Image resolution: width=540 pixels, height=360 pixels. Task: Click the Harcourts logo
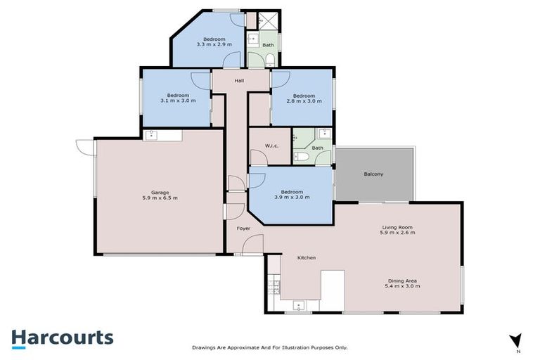62,337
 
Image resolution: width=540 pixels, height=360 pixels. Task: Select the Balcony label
373,174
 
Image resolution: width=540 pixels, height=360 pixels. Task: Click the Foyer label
243,229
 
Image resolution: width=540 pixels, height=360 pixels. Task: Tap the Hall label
240,82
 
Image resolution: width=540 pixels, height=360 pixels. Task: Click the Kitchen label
307,257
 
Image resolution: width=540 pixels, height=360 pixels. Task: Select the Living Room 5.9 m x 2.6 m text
398,230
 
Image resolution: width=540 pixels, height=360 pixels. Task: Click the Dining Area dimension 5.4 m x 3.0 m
402,286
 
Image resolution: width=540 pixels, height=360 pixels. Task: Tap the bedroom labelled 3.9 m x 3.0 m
292,195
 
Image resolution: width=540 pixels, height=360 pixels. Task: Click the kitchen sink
298,306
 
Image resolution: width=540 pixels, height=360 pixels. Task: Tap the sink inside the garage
152,135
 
